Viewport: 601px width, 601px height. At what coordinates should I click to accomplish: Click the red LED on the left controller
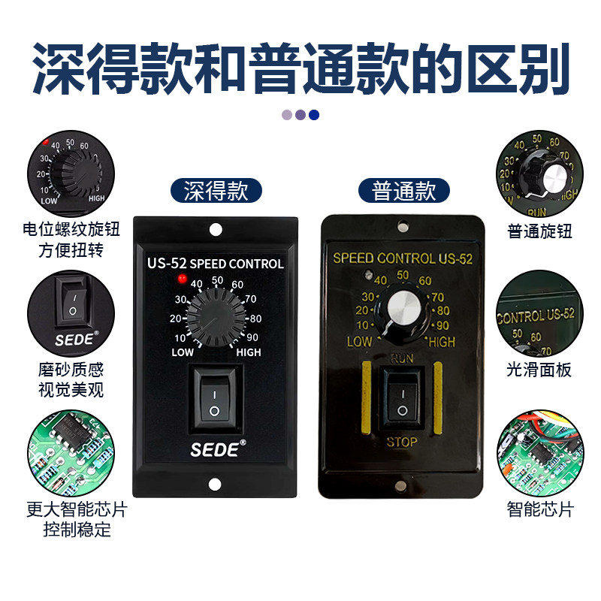tap(180, 279)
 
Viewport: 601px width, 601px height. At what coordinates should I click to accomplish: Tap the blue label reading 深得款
tap(216, 190)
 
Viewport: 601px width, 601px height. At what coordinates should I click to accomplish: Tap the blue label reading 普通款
tap(404, 190)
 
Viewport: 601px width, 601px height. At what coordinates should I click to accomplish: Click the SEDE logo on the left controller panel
tap(214, 451)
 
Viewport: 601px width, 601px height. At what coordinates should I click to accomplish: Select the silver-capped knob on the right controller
tap(402, 310)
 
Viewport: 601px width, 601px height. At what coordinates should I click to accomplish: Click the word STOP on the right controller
tap(401, 442)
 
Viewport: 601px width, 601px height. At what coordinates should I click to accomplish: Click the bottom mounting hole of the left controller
tap(216, 485)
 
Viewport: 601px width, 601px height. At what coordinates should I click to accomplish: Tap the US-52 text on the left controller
tap(166, 264)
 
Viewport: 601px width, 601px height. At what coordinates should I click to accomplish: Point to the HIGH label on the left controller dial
tap(249, 352)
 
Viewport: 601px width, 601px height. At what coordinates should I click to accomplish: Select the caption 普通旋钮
tap(539, 231)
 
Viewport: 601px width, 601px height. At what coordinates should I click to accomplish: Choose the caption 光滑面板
tap(539, 370)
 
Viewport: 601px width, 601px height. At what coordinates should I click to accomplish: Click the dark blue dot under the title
tap(314, 115)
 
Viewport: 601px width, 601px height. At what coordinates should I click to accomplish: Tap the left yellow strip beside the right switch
tap(366, 397)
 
